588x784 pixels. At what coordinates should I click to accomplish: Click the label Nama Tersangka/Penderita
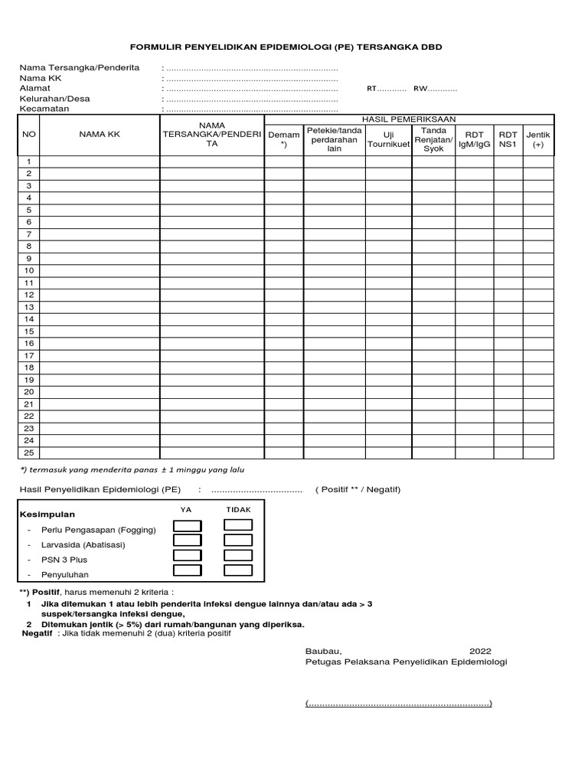tap(80, 68)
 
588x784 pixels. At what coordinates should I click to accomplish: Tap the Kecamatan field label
tap(44, 109)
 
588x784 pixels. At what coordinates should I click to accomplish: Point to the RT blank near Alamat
tap(387, 89)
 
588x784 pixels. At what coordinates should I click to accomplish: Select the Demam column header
tap(284, 139)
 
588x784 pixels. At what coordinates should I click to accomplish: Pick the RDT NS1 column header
tap(508, 139)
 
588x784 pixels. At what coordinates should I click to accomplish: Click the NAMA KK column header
tap(100, 135)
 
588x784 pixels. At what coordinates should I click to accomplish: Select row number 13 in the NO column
tap(29, 306)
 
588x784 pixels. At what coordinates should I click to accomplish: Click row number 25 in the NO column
tap(29, 452)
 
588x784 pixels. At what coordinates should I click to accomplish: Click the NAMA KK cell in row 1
tap(100, 162)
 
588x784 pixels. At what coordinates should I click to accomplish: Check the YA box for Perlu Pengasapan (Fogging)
tap(188, 525)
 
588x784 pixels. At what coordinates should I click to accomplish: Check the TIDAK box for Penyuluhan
tap(237, 570)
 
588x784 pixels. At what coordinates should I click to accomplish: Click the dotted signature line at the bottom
tap(398, 704)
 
